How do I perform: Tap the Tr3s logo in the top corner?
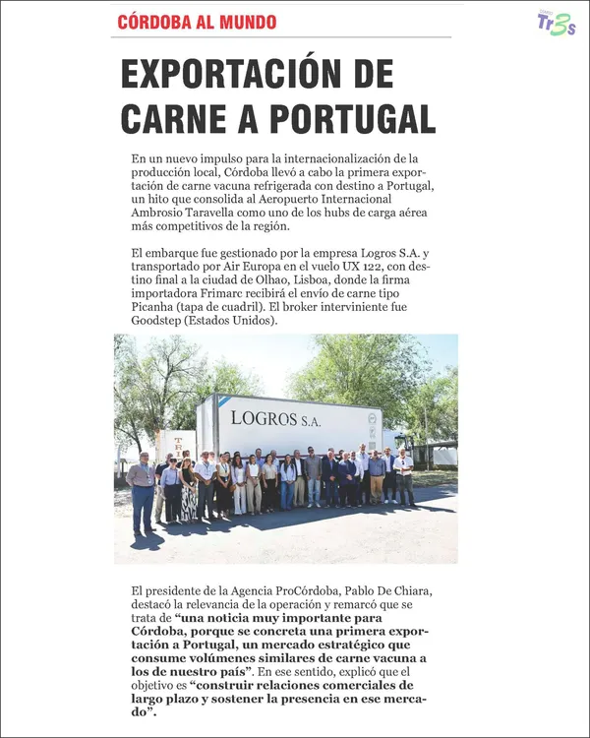click(557, 24)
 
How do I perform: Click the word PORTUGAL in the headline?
click(352, 119)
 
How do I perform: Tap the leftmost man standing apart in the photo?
click(143, 492)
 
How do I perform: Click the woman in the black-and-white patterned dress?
click(188, 490)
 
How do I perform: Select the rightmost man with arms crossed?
click(403, 476)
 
